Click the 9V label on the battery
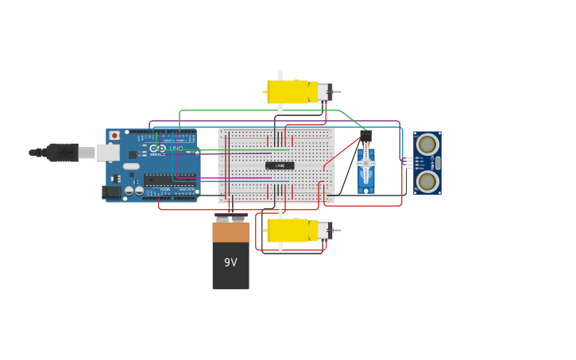(230, 262)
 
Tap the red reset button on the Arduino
(114, 136)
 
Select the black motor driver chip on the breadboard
(280, 165)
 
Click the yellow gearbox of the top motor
(288, 91)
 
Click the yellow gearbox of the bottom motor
(288, 230)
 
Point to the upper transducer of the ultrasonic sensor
(427, 145)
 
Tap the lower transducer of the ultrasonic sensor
(427, 182)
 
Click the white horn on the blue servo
(366, 164)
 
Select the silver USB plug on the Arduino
(108, 152)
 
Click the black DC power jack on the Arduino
(112, 192)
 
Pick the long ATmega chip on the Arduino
(170, 180)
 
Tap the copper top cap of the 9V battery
(230, 231)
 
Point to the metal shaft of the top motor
(337, 91)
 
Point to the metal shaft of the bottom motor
(337, 230)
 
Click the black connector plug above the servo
(366, 135)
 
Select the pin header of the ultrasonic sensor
(408, 163)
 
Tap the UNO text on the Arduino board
(176, 148)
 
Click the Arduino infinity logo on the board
(161, 148)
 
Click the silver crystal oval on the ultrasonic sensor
(435, 163)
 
